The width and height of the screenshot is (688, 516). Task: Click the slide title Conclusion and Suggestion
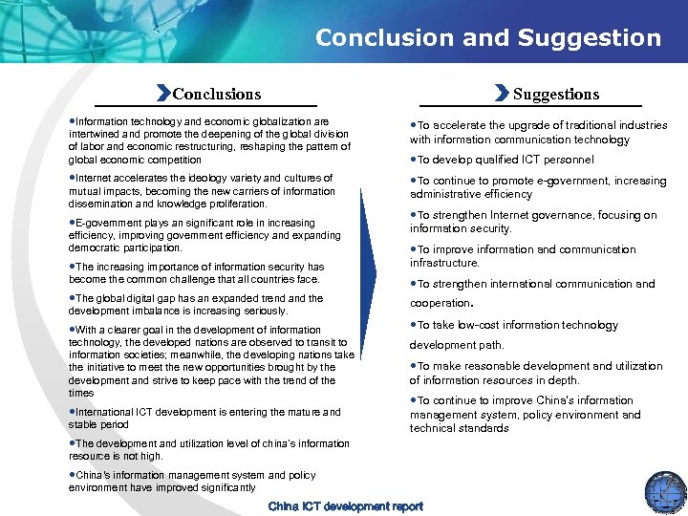(x=487, y=38)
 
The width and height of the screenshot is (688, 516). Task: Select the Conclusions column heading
(x=216, y=94)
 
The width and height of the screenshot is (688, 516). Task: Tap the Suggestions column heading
(x=556, y=94)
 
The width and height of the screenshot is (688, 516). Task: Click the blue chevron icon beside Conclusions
(x=163, y=94)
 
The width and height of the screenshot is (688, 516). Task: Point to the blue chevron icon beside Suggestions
(x=504, y=94)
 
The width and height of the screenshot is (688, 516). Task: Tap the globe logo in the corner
(x=665, y=492)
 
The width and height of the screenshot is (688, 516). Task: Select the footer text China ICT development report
(x=345, y=506)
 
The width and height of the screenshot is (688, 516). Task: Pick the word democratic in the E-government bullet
(x=100, y=247)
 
